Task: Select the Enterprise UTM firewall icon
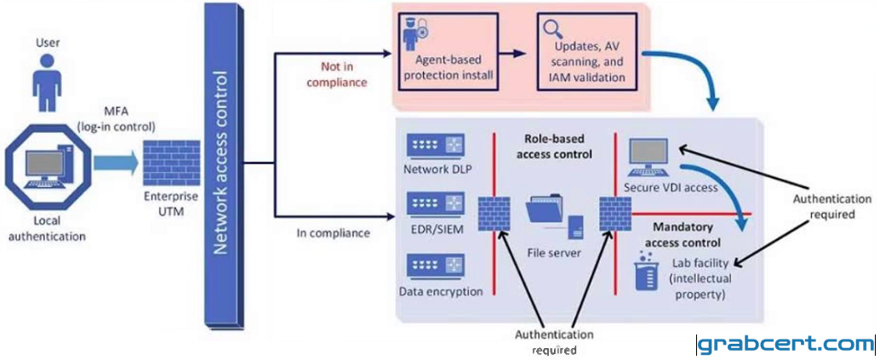tap(172, 163)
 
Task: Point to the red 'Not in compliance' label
tap(344, 75)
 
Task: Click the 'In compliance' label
tap(333, 232)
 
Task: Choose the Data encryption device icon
tap(436, 267)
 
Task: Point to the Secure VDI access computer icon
tap(648, 157)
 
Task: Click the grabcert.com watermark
tap(786, 343)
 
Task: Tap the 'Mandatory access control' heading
tap(683, 236)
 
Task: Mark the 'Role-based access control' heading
tap(553, 146)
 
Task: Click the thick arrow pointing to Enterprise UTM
tap(115, 163)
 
